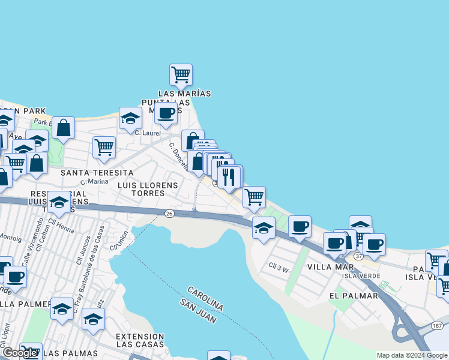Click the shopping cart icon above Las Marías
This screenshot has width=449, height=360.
tap(181, 75)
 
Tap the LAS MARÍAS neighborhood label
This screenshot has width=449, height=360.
tap(185, 94)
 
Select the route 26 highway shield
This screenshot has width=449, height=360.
tap(170, 214)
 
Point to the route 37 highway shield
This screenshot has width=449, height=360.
tap(358, 256)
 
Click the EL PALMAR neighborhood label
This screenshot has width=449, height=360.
tap(354, 296)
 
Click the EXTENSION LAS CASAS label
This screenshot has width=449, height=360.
tap(140, 340)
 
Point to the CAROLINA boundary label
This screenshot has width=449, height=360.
tap(205, 298)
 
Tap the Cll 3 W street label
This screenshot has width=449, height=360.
tap(279, 269)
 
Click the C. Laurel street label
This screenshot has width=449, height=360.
tap(148, 133)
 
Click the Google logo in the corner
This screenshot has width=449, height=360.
tap(19, 353)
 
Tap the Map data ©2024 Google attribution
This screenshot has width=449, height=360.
tap(412, 355)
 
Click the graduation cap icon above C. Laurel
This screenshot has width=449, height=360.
tap(130, 118)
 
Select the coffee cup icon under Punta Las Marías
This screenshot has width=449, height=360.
tap(166, 112)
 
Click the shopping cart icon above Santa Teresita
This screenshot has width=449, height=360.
tap(104, 147)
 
